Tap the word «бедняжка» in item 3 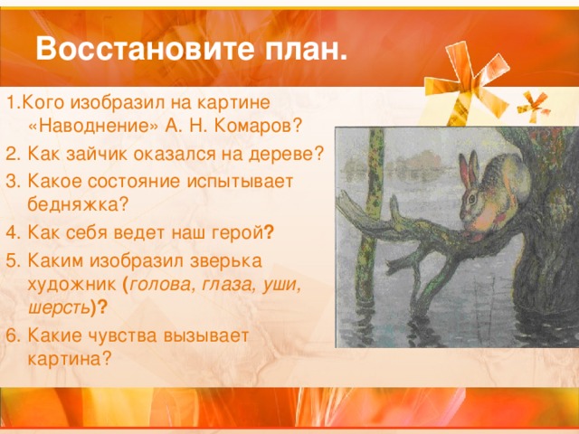click(x=72, y=203)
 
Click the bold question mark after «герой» click(x=270, y=232)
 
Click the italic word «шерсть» click(x=59, y=307)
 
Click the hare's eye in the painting click(x=472, y=200)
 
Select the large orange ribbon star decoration click(x=467, y=83)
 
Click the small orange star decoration click(x=533, y=107)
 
